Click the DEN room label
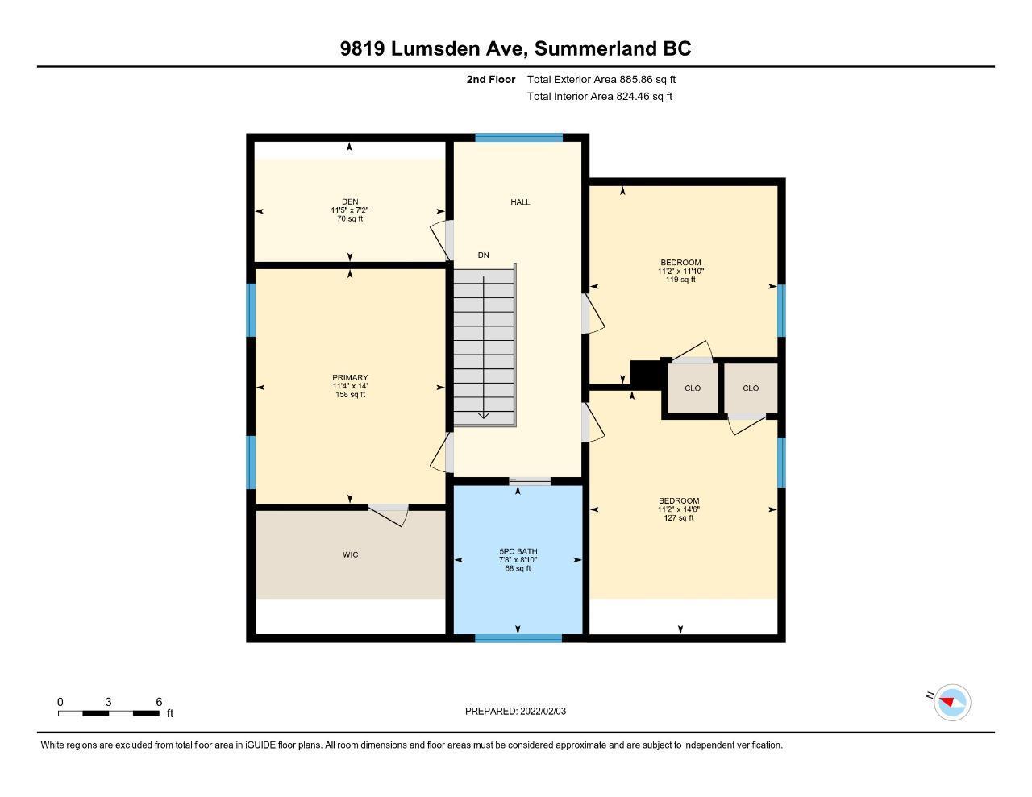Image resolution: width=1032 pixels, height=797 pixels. click(350, 201)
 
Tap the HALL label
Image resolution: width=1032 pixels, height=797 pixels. click(520, 201)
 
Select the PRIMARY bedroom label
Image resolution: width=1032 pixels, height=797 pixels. click(350, 377)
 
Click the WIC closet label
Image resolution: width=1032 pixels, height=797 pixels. click(350, 554)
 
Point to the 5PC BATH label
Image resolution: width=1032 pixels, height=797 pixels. click(518, 551)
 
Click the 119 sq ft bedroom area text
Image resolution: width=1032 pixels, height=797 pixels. click(680, 280)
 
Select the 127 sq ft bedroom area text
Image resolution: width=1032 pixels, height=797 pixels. click(679, 518)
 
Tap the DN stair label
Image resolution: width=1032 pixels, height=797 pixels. click(483, 255)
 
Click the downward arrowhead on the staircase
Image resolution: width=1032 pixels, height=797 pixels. click(484, 415)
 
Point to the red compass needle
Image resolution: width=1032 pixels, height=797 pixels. click(947, 702)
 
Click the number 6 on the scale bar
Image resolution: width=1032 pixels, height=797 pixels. click(159, 702)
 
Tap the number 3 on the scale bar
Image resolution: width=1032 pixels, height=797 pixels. click(108, 702)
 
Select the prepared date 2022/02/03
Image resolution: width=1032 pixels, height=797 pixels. click(543, 711)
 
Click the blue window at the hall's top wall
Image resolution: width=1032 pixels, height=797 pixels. click(519, 138)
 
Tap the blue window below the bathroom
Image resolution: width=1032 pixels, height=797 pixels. click(518, 638)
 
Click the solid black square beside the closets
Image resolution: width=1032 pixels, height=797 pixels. click(646, 375)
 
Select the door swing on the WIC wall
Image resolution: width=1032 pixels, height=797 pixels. click(389, 515)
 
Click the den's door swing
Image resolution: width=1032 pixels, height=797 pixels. click(441, 239)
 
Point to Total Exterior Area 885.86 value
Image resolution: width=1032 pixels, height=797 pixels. click(635, 79)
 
